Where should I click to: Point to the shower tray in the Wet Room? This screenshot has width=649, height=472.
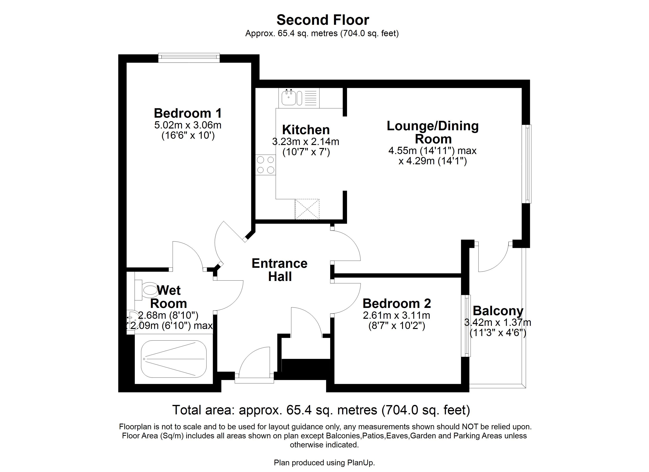174,359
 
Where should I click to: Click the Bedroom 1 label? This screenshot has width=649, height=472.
188,113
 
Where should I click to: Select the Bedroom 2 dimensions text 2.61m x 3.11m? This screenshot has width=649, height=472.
396,315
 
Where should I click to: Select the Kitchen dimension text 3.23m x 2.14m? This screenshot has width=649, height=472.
306,142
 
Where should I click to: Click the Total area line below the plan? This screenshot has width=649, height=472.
321,410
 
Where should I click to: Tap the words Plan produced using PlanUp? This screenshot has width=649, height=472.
324,463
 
